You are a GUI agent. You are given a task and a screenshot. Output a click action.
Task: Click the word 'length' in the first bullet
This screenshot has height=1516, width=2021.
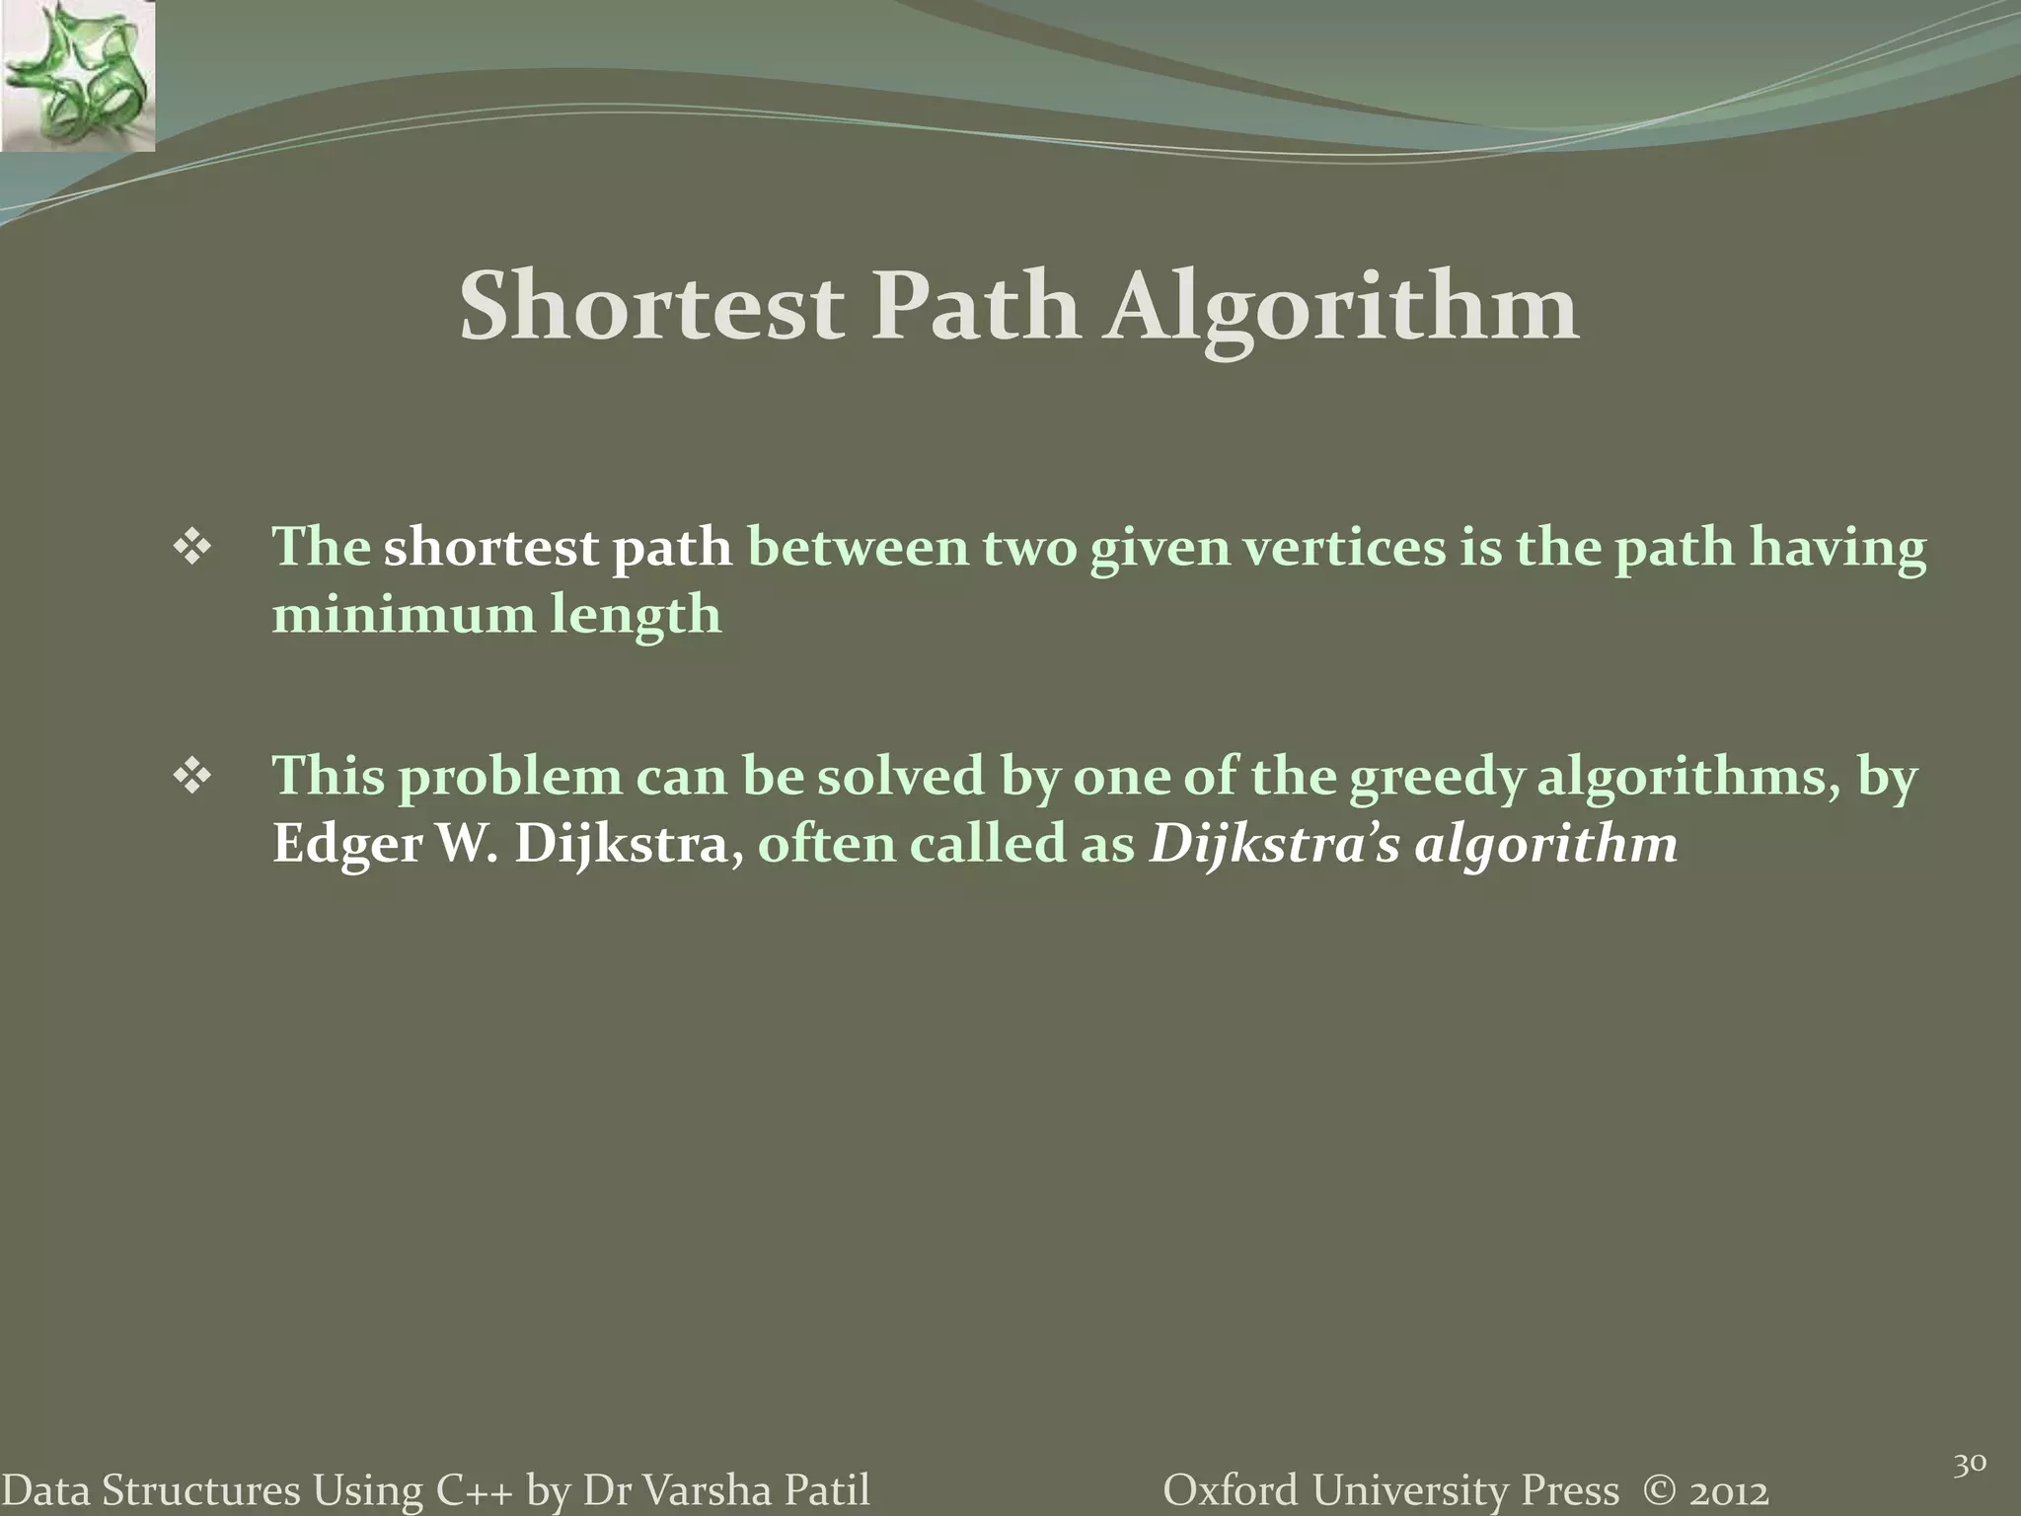pyautogui.click(x=636, y=616)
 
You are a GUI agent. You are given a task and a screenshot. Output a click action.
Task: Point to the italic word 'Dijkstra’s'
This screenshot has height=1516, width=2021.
pyautogui.click(x=1274, y=846)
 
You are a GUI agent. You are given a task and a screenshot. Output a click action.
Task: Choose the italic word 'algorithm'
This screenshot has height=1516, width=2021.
pyautogui.click(x=1546, y=846)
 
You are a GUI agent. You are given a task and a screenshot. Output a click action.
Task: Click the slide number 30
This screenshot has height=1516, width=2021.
pyautogui.click(x=1970, y=1466)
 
